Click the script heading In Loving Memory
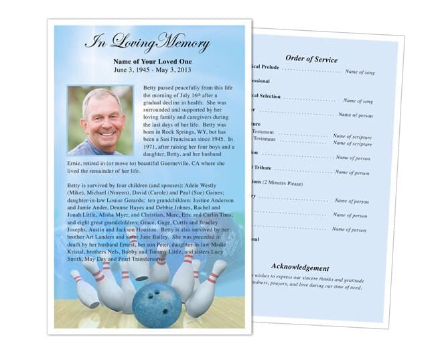pyautogui.click(x=147, y=43)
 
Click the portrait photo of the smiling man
pyautogui.click(x=100, y=120)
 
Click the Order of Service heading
pyautogui.click(x=311, y=58)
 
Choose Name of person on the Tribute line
pyautogui.click(x=352, y=172)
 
